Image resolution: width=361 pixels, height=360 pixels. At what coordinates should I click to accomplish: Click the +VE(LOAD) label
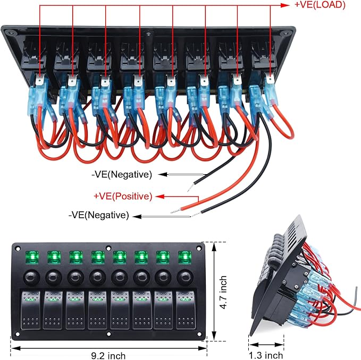320,5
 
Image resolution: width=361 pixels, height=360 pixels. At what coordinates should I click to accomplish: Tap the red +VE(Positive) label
123,196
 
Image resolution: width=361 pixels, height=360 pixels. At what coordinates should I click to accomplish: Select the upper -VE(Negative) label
122,175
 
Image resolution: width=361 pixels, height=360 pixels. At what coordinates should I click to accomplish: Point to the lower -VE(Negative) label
98,215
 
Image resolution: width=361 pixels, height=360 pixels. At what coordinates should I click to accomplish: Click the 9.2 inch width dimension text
108,356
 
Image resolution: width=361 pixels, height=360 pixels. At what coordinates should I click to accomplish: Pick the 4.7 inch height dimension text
223,293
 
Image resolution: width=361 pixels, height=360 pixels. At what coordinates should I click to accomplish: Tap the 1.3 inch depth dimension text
266,355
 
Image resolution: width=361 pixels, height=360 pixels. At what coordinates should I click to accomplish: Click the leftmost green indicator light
32,257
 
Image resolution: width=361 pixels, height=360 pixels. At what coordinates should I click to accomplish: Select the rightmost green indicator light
185,257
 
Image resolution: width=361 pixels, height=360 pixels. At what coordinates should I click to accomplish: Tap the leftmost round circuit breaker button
31,278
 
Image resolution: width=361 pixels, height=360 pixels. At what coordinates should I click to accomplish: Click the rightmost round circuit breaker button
185,278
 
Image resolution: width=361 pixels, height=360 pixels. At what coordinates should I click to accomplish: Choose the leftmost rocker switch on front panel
31,310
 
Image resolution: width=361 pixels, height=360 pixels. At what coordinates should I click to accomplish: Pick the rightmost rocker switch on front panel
186,310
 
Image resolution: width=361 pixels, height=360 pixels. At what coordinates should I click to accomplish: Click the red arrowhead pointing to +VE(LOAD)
285,5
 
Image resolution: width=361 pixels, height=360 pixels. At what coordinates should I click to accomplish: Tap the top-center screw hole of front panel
108,248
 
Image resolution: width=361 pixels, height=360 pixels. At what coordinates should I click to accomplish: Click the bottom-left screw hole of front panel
17,334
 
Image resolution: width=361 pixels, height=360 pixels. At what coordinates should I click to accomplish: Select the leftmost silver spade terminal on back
40,80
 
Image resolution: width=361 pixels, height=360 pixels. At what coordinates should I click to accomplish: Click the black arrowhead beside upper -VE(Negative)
163,175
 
